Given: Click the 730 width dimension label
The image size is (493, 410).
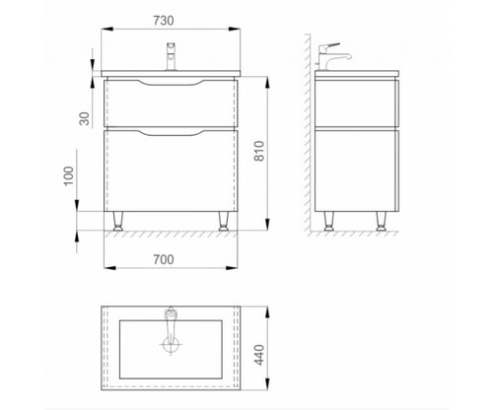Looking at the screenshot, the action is coord(164,21).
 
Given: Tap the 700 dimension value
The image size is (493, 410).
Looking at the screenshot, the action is coord(164,259).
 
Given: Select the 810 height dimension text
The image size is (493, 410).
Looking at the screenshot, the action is coord(259,151).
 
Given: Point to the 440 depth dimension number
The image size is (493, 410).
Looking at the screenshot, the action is coord(259,355).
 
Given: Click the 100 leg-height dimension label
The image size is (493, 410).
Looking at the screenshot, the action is coord(69,176).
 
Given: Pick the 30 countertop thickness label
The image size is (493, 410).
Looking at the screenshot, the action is coord(85,118).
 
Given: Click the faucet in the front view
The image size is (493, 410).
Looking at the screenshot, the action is coord(171,56).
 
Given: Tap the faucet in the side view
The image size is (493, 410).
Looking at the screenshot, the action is coord(332,56).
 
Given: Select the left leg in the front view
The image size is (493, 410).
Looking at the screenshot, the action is coord(118,221).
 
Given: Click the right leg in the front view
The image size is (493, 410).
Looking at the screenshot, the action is coord(224,221).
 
